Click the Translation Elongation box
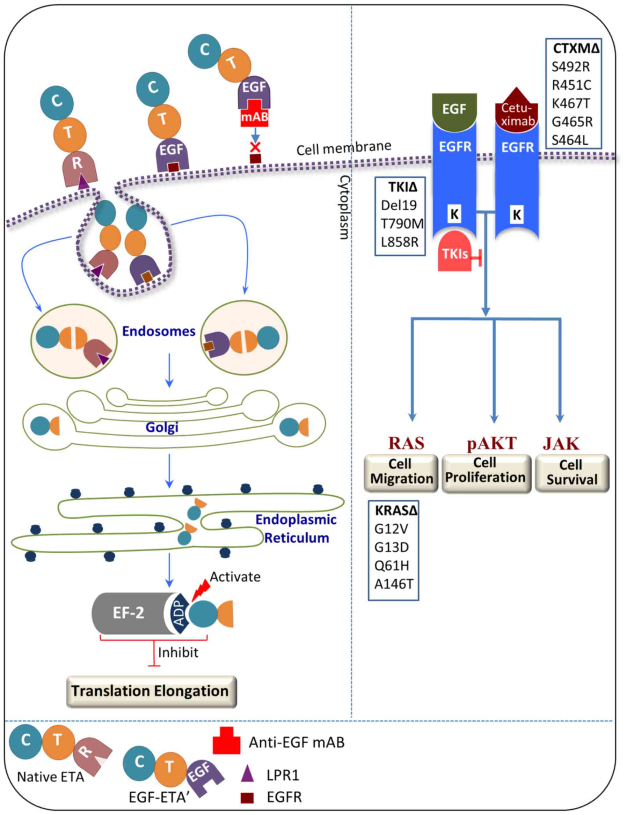pos(151,691)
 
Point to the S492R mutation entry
pos(571,67)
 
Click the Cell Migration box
pos(401,472)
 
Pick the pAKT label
pos(491,443)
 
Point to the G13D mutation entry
pos(392,547)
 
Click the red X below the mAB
pos(255,147)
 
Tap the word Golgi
pos(162,427)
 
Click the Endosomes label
pos(159,332)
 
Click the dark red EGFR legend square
pos(247,798)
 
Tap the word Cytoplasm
pos(344,207)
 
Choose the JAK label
pos(561,444)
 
